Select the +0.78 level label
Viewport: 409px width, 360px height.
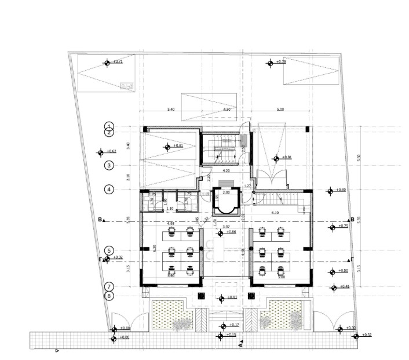pos(281,62)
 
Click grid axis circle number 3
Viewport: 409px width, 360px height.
pos(108,166)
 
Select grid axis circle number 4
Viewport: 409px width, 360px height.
pos(108,189)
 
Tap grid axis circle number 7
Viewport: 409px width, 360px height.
pos(108,286)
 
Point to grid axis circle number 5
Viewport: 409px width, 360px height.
pos(108,251)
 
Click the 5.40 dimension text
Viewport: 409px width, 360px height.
pos(170,108)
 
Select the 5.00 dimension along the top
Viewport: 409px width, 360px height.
pos(280,108)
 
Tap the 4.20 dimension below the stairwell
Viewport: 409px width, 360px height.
pos(226,171)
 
